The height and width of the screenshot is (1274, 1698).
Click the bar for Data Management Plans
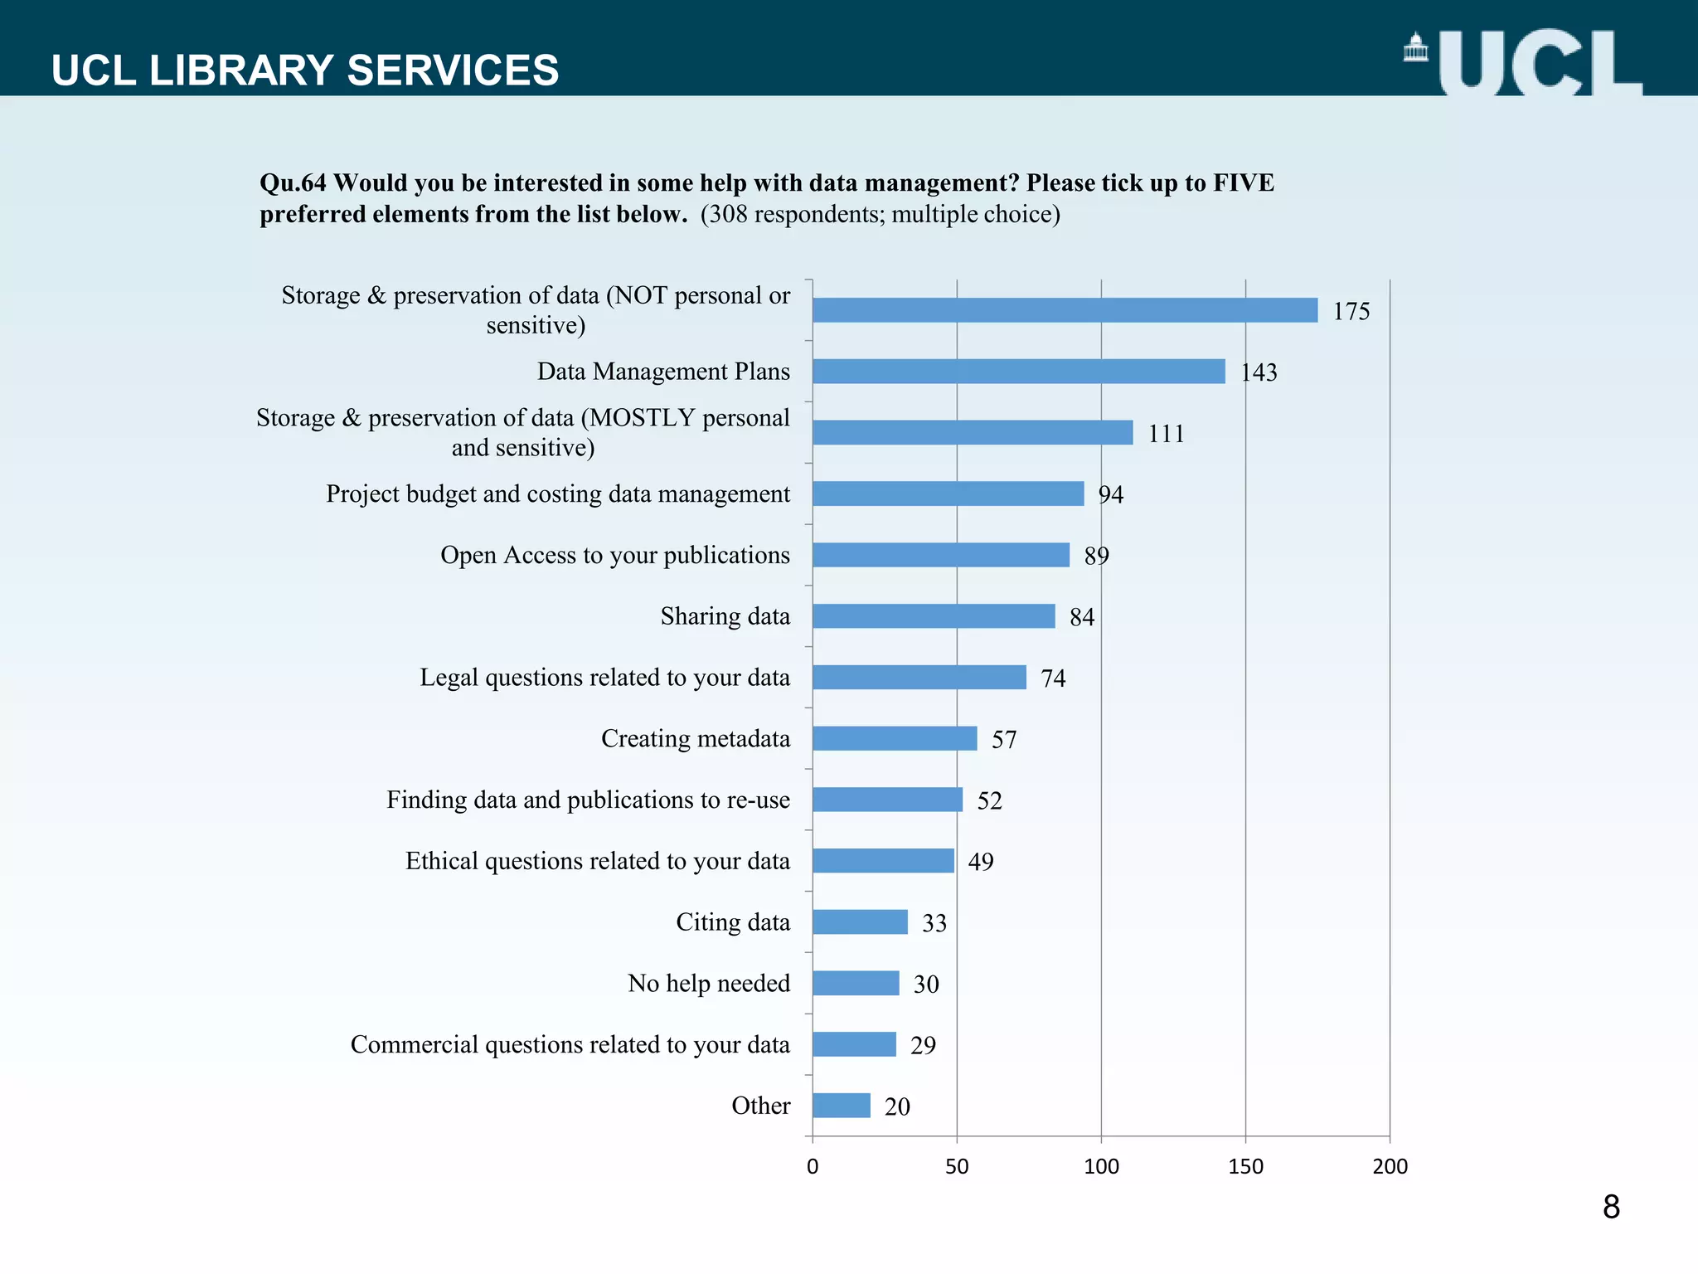pos(1018,371)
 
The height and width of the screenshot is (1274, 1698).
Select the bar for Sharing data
pos(934,616)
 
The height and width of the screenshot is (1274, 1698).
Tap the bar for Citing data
pos(860,921)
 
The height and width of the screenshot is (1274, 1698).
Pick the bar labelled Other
pos(841,1106)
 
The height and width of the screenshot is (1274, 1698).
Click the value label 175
pos(1351,311)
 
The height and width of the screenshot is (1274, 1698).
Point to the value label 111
pos(1166,433)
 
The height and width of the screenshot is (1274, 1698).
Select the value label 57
pos(1003,739)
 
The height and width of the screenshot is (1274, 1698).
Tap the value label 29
pos(922,1045)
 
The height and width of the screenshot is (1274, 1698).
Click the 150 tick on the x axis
pos(1245,1166)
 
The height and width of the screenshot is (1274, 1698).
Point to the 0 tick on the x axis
pos(813,1166)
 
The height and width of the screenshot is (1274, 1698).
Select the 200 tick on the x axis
pos(1390,1166)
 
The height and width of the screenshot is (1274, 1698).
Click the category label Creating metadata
pos(695,738)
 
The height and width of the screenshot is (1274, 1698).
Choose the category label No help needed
pos(708,983)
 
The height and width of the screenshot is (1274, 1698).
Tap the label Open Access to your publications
pos(614,555)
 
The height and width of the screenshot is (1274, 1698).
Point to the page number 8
pos(1611,1207)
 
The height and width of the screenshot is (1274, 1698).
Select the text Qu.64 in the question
pos(293,182)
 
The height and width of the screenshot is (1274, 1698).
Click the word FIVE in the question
pos(1243,182)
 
